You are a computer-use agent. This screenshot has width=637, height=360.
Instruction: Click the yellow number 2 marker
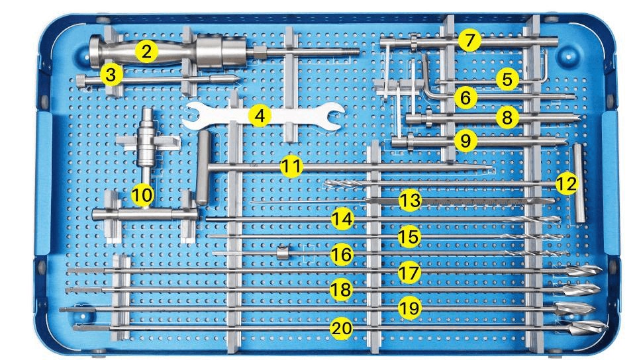tap(146, 51)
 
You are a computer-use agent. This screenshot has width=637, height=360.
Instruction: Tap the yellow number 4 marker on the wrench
tap(260, 116)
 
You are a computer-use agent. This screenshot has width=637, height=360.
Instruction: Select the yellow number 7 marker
tap(469, 40)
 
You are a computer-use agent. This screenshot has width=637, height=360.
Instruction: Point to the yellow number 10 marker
tap(142, 195)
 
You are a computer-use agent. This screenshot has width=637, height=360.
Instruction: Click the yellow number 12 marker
tap(567, 183)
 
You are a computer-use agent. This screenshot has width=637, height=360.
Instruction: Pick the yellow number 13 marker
tap(410, 200)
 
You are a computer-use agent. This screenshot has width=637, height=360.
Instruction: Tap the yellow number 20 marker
tap(341, 328)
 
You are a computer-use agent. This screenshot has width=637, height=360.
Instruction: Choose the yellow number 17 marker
tap(409, 273)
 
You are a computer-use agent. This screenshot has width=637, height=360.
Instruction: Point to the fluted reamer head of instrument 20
tap(588, 327)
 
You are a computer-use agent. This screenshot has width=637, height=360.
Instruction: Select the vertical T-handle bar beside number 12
tap(579, 183)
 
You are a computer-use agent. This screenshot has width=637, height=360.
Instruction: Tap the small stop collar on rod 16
tap(282, 253)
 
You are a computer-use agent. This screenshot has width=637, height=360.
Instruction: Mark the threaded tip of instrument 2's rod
tap(350, 52)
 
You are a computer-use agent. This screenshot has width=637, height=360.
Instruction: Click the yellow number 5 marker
tap(507, 79)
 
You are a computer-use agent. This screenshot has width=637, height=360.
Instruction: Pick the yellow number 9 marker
tap(465, 140)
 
